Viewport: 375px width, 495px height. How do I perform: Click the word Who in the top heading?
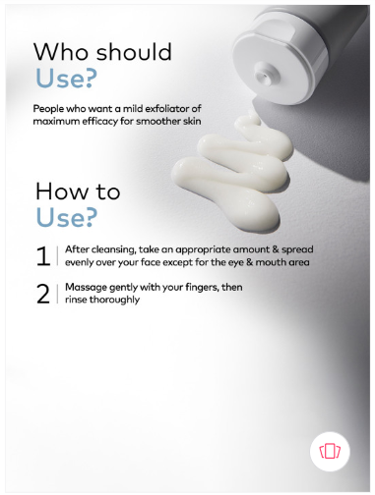pyautogui.click(x=61, y=52)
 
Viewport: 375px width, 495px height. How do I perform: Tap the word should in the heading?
pyautogui.click(x=134, y=51)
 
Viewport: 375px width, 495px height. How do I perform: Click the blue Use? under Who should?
pyautogui.click(x=66, y=79)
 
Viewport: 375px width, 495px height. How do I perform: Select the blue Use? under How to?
pyautogui.click(x=67, y=217)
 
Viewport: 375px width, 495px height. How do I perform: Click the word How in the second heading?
pyautogui.click(x=58, y=192)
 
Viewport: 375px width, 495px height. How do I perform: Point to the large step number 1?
pyautogui.click(x=43, y=256)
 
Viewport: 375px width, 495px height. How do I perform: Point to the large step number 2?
pyautogui.click(x=43, y=294)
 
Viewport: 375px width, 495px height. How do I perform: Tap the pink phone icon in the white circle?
pyautogui.click(x=330, y=451)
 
